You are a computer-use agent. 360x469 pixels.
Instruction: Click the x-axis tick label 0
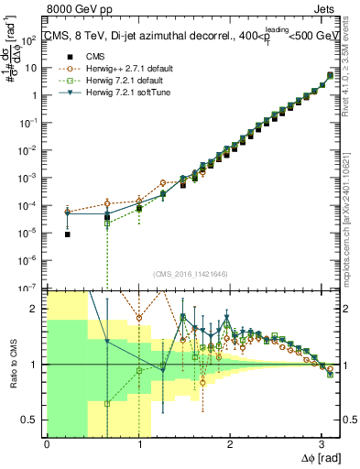pos(47,444)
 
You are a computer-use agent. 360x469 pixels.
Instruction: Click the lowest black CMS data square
pos(69,234)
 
